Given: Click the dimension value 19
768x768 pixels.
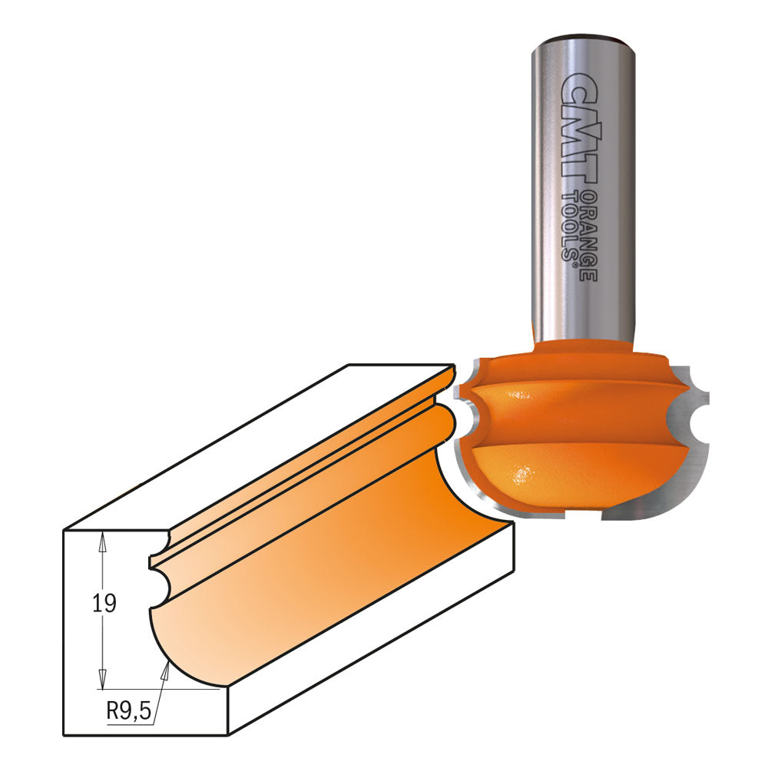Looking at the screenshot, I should [x=104, y=604].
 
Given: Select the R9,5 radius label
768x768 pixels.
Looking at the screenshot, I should [x=127, y=710].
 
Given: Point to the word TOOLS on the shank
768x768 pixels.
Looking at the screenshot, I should [x=572, y=227].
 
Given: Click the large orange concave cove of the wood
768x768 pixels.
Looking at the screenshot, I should [x=323, y=568].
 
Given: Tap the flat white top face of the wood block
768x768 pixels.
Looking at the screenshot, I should [x=253, y=445].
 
